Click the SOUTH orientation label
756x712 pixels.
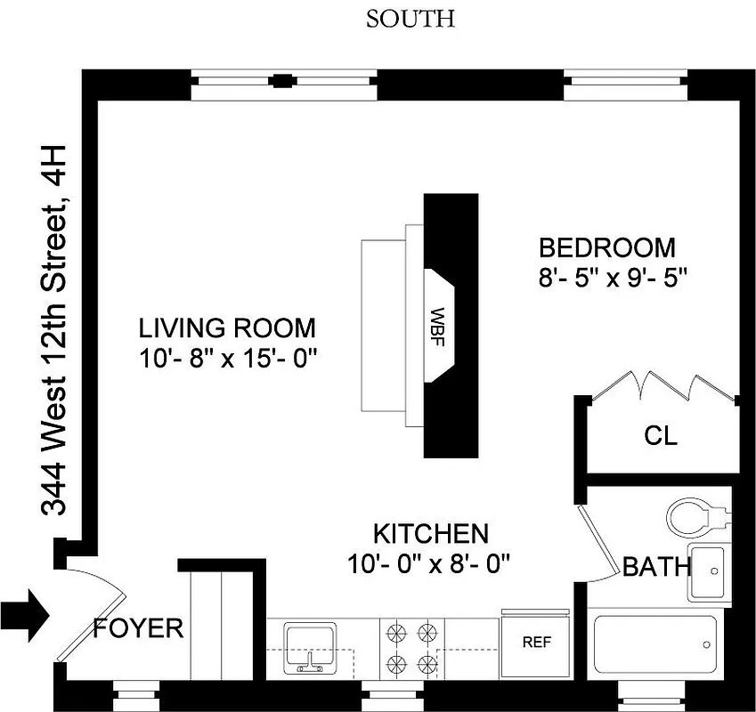(411, 18)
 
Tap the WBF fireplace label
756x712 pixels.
(437, 328)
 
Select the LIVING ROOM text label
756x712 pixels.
(226, 328)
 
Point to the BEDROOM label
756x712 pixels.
(606, 247)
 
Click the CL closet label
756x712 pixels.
(660, 436)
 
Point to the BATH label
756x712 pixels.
(655, 566)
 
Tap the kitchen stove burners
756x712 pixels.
(412, 647)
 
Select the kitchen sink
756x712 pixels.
(310, 647)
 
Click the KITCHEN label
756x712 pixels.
(430, 534)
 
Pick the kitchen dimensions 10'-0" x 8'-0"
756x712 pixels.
(431, 564)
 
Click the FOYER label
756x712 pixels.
(138, 628)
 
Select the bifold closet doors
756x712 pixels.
(664, 388)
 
